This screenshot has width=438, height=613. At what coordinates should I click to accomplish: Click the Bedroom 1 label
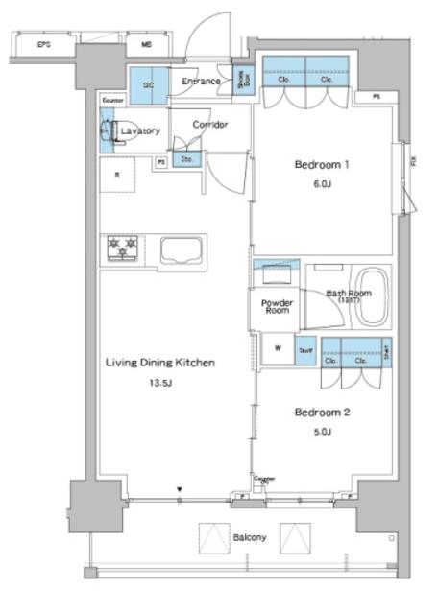(x=321, y=164)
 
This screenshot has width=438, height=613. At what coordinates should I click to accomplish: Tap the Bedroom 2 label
(x=321, y=413)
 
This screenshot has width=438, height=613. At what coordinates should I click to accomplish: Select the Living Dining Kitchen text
(x=158, y=363)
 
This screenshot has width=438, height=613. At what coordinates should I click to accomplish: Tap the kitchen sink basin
(x=180, y=250)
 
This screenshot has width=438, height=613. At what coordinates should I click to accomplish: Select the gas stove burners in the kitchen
(x=123, y=248)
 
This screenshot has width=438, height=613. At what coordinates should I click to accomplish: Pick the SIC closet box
(x=148, y=84)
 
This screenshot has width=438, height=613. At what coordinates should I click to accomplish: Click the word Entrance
(x=201, y=82)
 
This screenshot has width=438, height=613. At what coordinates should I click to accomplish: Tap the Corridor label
(x=208, y=125)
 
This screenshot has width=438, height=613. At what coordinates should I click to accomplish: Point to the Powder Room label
(x=277, y=307)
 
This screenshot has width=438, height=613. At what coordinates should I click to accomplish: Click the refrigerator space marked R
(x=117, y=175)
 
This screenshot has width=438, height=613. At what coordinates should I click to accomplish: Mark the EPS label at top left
(x=43, y=44)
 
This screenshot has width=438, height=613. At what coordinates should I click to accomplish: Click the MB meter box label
(x=146, y=44)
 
